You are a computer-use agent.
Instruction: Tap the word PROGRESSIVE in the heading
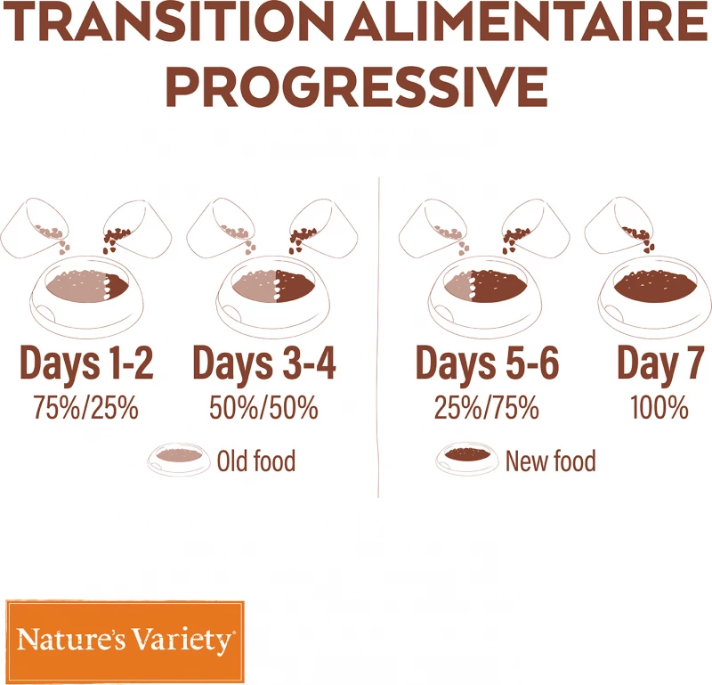point(356,86)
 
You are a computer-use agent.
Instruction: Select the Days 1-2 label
point(86,364)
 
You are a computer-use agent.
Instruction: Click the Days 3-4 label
point(264,364)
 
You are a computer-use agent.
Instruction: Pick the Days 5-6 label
point(487,364)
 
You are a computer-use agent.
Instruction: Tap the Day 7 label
point(660,364)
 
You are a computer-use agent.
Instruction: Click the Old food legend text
point(255,461)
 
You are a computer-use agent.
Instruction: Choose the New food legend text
point(550,461)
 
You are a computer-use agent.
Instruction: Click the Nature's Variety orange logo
point(125,640)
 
